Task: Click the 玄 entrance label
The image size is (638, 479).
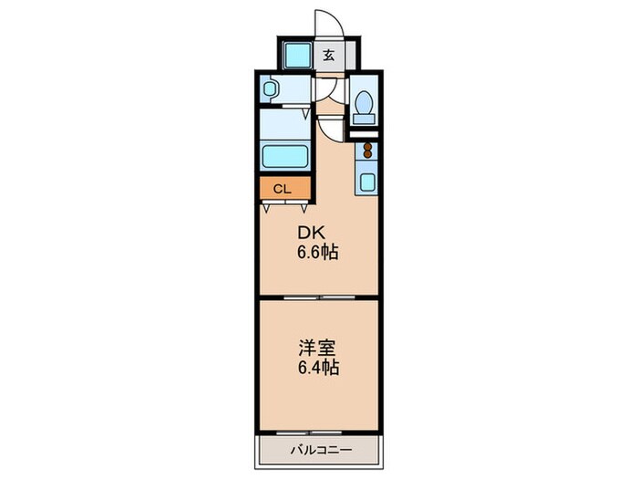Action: (328, 55)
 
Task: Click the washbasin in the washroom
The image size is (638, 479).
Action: (271, 89)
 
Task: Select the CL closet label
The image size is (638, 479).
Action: (282, 190)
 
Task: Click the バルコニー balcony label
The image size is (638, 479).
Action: (318, 449)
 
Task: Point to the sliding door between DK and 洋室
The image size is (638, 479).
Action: (318, 297)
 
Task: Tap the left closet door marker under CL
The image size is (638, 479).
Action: (267, 208)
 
